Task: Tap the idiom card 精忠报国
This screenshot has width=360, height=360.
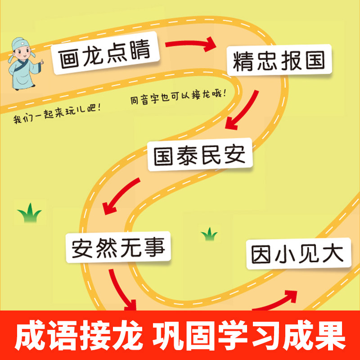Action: click(x=279, y=61)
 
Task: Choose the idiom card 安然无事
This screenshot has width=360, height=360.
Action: click(x=118, y=247)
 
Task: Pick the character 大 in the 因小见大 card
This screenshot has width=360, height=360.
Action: click(x=334, y=254)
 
